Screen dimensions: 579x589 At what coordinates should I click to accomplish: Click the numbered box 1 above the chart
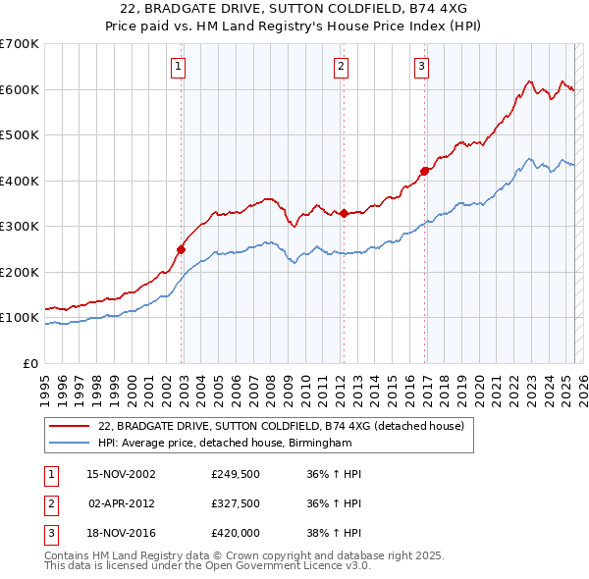pyautogui.click(x=179, y=67)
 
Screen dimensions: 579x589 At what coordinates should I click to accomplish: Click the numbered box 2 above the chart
pyautogui.click(x=340, y=67)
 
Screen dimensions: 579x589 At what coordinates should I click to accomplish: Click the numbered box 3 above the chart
pyautogui.click(x=421, y=67)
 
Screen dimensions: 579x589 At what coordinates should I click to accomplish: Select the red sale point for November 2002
pyautogui.click(x=182, y=249)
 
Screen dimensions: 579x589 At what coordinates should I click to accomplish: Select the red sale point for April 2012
pyautogui.click(x=344, y=214)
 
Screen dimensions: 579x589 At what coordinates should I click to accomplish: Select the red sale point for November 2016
pyautogui.click(x=425, y=172)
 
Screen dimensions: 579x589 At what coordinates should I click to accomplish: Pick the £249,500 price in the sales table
pyautogui.click(x=234, y=474)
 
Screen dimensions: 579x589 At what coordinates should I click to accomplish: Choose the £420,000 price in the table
pyautogui.click(x=234, y=533)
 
